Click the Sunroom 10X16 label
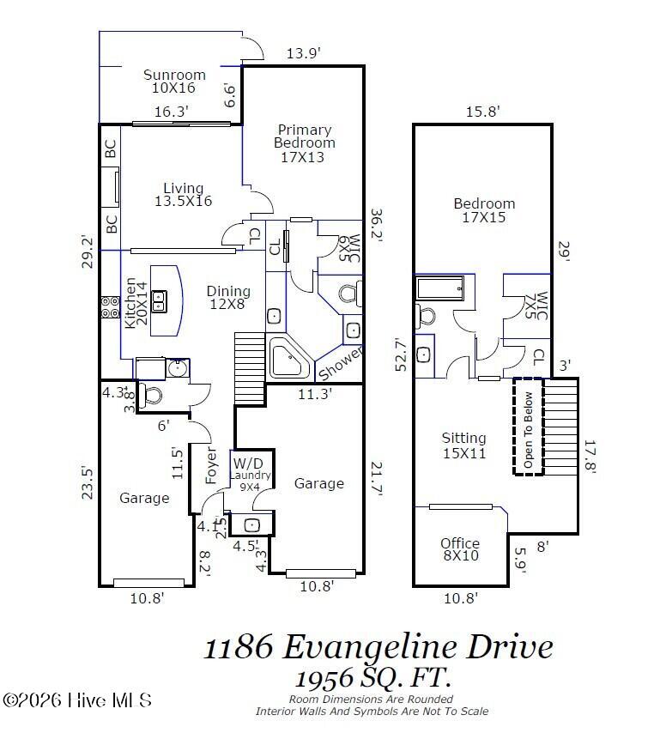(174, 82)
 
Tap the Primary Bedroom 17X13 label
(304, 143)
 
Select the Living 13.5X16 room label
(183, 195)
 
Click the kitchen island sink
(159, 300)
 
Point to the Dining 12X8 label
(228, 298)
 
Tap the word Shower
(341, 364)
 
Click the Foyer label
(212, 464)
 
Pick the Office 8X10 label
(460, 549)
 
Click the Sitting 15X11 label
(463, 445)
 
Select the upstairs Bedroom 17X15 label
(484, 210)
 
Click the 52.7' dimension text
(400, 354)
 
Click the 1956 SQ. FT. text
(372, 678)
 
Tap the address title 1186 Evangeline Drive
(378, 645)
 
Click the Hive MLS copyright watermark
(77, 700)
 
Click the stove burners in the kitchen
(110, 307)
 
